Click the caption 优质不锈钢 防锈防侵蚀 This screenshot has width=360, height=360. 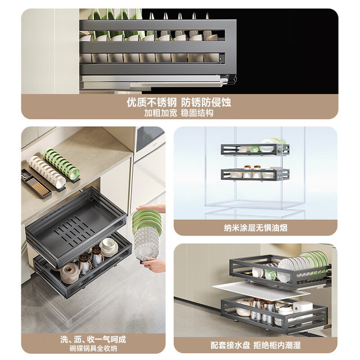[179, 102]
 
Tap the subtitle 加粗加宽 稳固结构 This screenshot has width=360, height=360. [179, 113]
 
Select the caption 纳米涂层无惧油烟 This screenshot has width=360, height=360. [255, 228]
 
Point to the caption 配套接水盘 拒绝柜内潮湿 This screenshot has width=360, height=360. [255, 345]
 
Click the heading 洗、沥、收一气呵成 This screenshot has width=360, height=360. [93, 339]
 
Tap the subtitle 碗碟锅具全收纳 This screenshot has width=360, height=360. [93, 348]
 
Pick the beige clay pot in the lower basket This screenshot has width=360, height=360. [69, 273]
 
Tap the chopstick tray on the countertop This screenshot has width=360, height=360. [36, 184]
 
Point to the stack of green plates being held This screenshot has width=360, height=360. [147, 219]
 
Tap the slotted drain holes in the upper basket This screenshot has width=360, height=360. [74, 232]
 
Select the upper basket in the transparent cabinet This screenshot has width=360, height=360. [255, 149]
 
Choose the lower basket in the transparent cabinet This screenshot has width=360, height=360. [255, 174]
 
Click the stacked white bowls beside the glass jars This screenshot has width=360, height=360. [109, 247]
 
